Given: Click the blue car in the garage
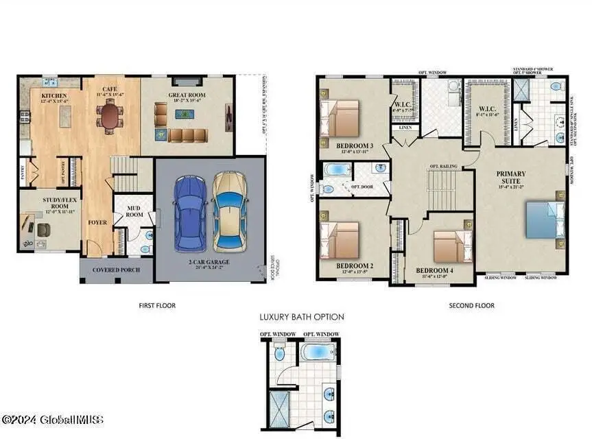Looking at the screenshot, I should click(x=190, y=213).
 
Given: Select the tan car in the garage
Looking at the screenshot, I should click(x=228, y=212).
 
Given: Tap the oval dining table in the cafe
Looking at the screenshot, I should click(x=110, y=117).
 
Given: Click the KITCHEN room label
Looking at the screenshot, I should click(x=54, y=96).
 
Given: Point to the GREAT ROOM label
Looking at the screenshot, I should click(x=187, y=96).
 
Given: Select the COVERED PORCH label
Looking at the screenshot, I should click(x=117, y=270).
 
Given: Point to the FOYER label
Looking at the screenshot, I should click(x=97, y=222).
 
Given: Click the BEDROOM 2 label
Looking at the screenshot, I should click(x=354, y=266).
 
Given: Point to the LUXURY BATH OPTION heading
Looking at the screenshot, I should click(x=301, y=317).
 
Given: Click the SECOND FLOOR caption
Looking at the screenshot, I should click(x=471, y=305).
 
